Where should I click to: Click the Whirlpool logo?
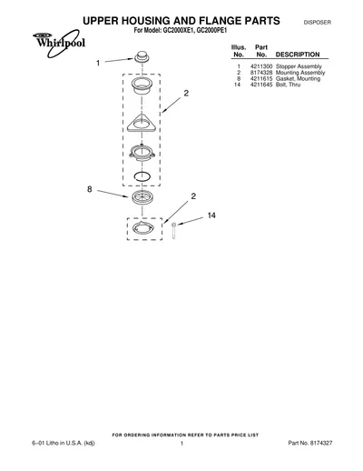59,44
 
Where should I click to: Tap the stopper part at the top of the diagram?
142,57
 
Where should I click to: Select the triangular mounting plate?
142,123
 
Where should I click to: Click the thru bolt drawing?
173,230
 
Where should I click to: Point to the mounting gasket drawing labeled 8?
142,197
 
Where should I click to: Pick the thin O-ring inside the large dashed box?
142,176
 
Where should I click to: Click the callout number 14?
211,215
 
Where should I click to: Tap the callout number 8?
90,189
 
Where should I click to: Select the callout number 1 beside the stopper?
98,63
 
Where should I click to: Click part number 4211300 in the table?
261,66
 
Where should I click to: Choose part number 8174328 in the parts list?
261,73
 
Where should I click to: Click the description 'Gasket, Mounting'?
298,78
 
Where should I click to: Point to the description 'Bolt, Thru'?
288,85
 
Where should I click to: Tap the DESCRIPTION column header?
298,55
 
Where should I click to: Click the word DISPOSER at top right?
318,23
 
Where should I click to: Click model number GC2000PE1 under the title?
211,31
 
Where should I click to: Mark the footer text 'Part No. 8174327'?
310,443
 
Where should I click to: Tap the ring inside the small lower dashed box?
143,228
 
